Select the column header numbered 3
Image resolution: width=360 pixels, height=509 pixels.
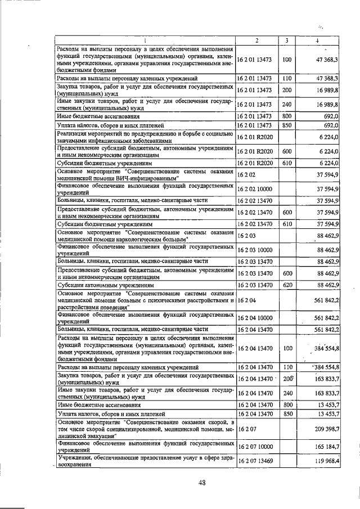[287, 40]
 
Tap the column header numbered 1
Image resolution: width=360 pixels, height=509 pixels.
[145, 40]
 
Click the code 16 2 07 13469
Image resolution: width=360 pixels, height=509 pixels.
[256, 462]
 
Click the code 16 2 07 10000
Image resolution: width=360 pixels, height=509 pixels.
[256, 447]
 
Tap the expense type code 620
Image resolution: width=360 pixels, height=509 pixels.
[287, 285]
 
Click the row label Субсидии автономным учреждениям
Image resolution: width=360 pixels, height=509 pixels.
[98, 285]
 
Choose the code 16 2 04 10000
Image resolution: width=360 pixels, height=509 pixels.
[256, 317]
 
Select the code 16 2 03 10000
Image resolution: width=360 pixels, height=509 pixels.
[256, 250]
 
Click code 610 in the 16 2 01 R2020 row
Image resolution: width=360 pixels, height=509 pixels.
[287, 163]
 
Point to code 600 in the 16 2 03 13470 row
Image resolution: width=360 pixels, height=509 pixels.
[287, 273]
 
